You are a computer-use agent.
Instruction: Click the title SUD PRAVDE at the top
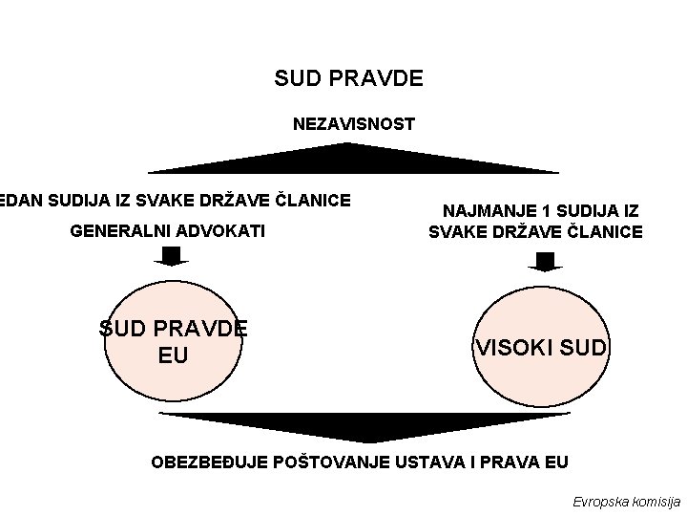coord(348,77)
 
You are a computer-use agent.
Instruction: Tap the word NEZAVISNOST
coord(353,124)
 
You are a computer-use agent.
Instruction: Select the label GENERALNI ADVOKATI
coord(168,231)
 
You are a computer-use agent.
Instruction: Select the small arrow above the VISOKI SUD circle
coord(545,261)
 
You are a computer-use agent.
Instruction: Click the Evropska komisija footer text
coord(626,501)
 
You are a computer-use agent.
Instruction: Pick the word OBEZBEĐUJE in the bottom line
coord(210,462)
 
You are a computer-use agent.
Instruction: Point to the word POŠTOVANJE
coord(329,462)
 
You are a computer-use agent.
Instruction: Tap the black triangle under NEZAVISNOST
coord(353,159)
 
